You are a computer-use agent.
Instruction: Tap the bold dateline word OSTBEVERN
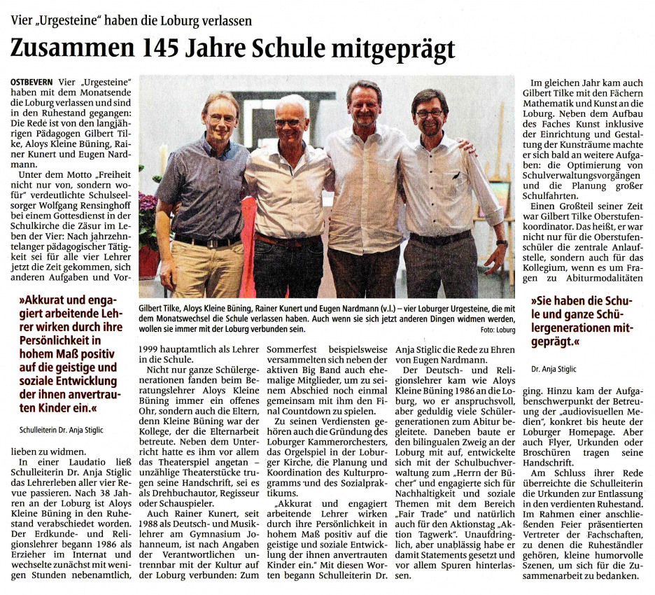point(35,83)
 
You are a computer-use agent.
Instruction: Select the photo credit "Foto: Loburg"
point(499,329)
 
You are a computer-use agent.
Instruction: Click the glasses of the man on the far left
point(222,119)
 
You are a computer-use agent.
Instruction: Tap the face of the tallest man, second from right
point(363,106)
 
